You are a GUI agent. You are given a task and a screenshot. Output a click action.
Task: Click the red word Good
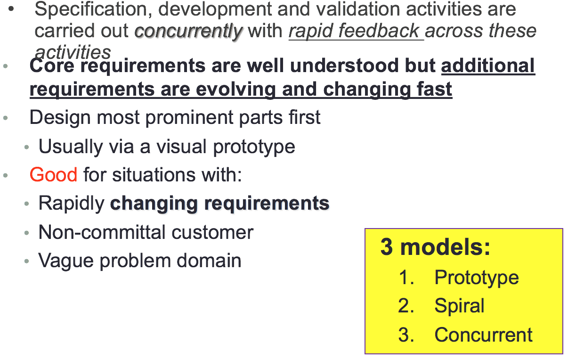[x=53, y=175]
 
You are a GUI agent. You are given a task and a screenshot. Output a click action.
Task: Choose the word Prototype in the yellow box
[x=476, y=278]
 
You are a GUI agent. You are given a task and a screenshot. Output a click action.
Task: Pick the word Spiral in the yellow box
[x=459, y=306]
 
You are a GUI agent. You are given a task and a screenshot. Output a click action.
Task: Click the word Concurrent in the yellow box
[x=483, y=335]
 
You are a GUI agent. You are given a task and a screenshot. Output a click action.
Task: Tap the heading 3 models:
[x=435, y=247]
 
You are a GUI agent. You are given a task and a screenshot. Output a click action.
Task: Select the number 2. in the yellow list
[x=406, y=306]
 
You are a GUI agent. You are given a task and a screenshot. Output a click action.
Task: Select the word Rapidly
[x=71, y=204]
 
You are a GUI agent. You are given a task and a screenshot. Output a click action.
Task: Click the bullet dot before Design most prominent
[x=6, y=118]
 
